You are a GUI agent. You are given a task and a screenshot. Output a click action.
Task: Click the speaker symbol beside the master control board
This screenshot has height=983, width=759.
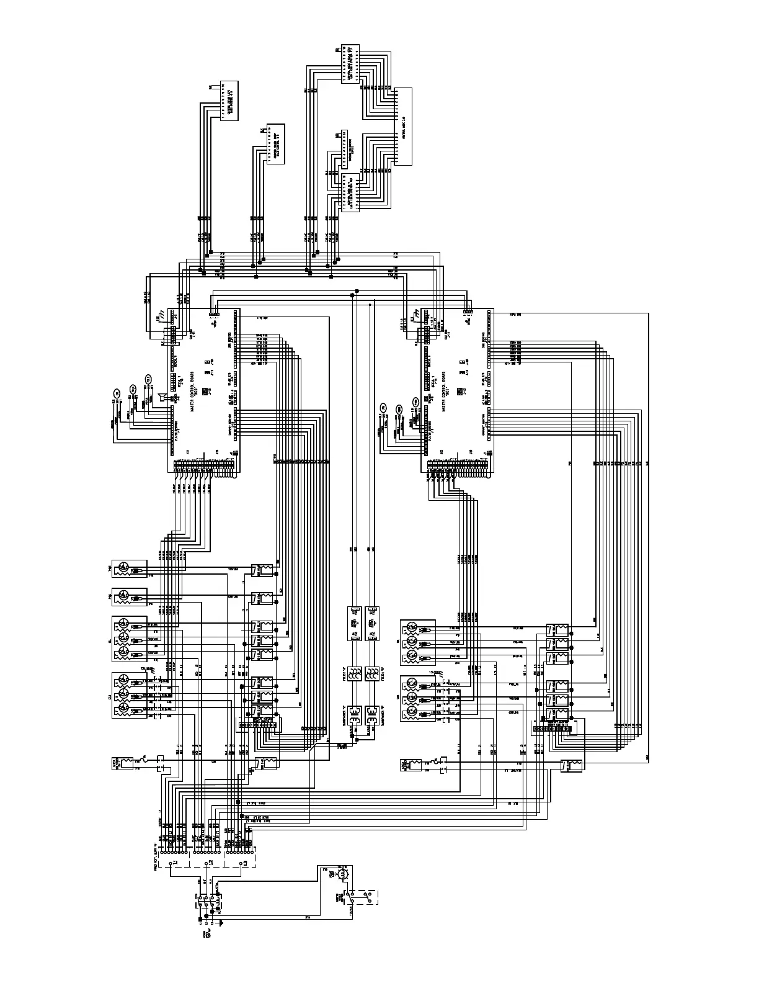click(161, 397)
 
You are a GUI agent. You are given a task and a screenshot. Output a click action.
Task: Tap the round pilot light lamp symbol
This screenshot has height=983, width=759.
click(341, 874)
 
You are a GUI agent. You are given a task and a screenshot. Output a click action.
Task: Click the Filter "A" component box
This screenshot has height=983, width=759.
click(355, 674)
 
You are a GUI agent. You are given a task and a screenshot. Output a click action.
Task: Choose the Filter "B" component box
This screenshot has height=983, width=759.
click(372, 674)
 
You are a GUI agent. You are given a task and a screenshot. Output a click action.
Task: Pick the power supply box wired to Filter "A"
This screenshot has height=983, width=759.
click(355, 623)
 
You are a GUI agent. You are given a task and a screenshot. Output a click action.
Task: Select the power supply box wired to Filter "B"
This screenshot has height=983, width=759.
click(372, 623)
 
